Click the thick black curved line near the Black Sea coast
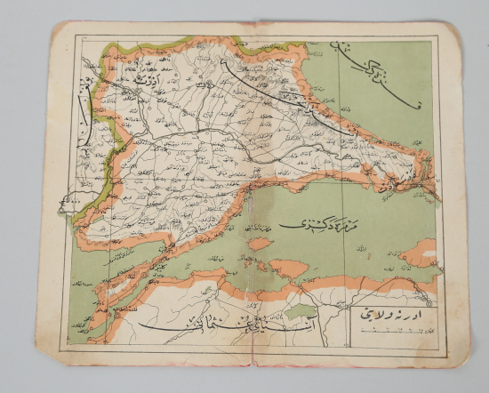(x=285, y=98)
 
